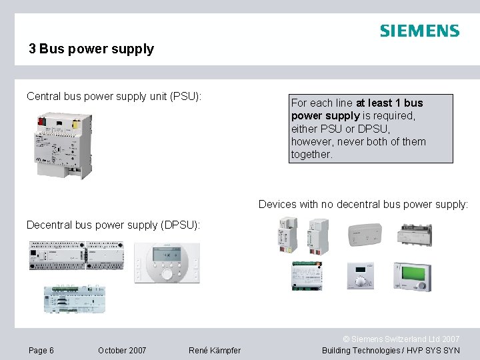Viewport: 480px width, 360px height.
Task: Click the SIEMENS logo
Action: (x=419, y=31)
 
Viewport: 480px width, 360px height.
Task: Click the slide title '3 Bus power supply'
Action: (x=91, y=49)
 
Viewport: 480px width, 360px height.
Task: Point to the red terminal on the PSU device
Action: (x=42, y=122)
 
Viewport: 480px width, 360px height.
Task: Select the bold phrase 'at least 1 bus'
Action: (x=389, y=103)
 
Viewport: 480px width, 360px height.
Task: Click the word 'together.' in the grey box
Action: (x=311, y=154)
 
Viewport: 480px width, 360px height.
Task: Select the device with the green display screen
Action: (x=412, y=276)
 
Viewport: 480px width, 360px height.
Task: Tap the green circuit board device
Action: (x=307, y=275)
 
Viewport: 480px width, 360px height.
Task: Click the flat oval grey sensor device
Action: (x=365, y=234)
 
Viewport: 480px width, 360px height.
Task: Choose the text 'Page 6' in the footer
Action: (x=41, y=351)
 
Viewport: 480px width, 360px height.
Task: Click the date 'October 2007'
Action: (x=122, y=351)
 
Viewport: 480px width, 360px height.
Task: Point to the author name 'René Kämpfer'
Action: (x=215, y=351)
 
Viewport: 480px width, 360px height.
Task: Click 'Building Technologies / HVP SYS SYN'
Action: (x=391, y=351)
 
